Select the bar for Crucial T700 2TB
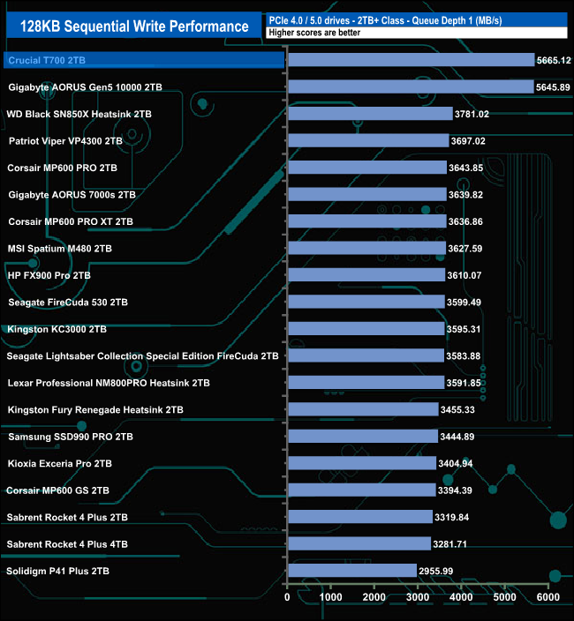coord(412,60)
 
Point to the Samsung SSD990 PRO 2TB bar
coord(363,436)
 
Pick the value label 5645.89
coord(554,86)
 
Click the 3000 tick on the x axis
coord(418,598)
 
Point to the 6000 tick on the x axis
coord(548,598)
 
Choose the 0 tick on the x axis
coord(288,598)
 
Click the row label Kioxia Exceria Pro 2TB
coord(59,463)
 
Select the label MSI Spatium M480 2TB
coord(59,249)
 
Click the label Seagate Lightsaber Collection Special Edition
coord(142,356)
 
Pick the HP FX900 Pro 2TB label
coord(49,275)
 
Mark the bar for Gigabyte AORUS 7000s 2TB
coord(366,194)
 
